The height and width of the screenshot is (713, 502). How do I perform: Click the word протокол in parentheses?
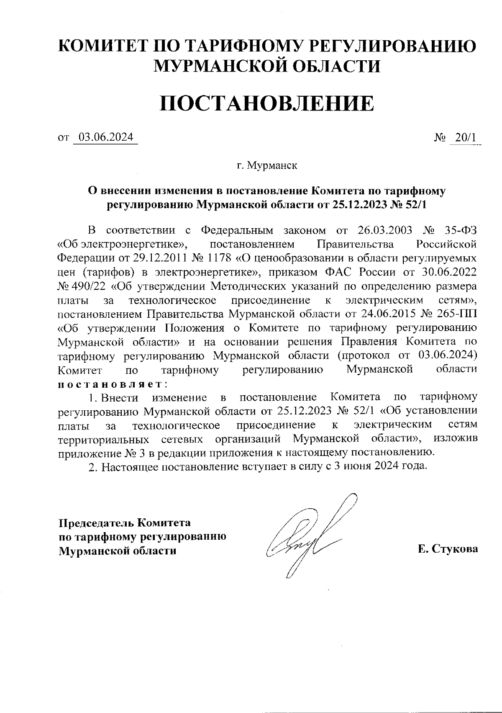(x=380, y=355)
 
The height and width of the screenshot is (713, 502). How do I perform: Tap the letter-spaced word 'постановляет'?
(x=110, y=384)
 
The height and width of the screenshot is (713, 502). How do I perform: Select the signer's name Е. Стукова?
(x=448, y=549)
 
